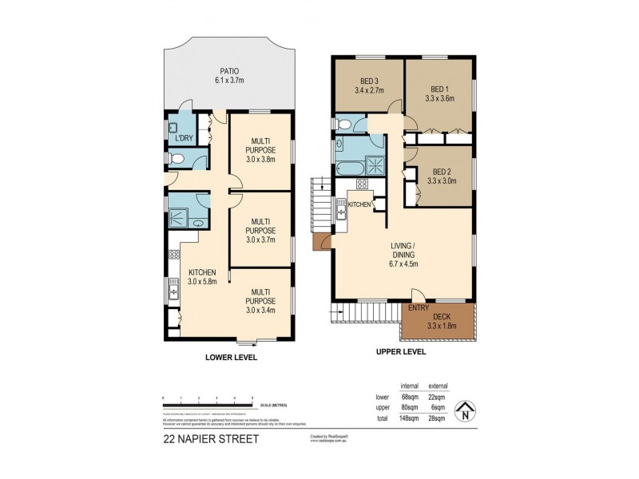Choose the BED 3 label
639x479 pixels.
coord(368,81)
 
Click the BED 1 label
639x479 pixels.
coord(442,89)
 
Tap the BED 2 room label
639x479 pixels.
coord(442,172)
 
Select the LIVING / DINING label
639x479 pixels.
coord(403,249)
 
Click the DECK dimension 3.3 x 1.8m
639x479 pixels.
coord(440,326)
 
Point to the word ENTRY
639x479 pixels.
coord(418,307)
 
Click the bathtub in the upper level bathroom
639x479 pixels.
coord(348,168)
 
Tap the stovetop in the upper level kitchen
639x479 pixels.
coord(361,186)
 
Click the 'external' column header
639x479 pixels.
coord(439,384)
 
